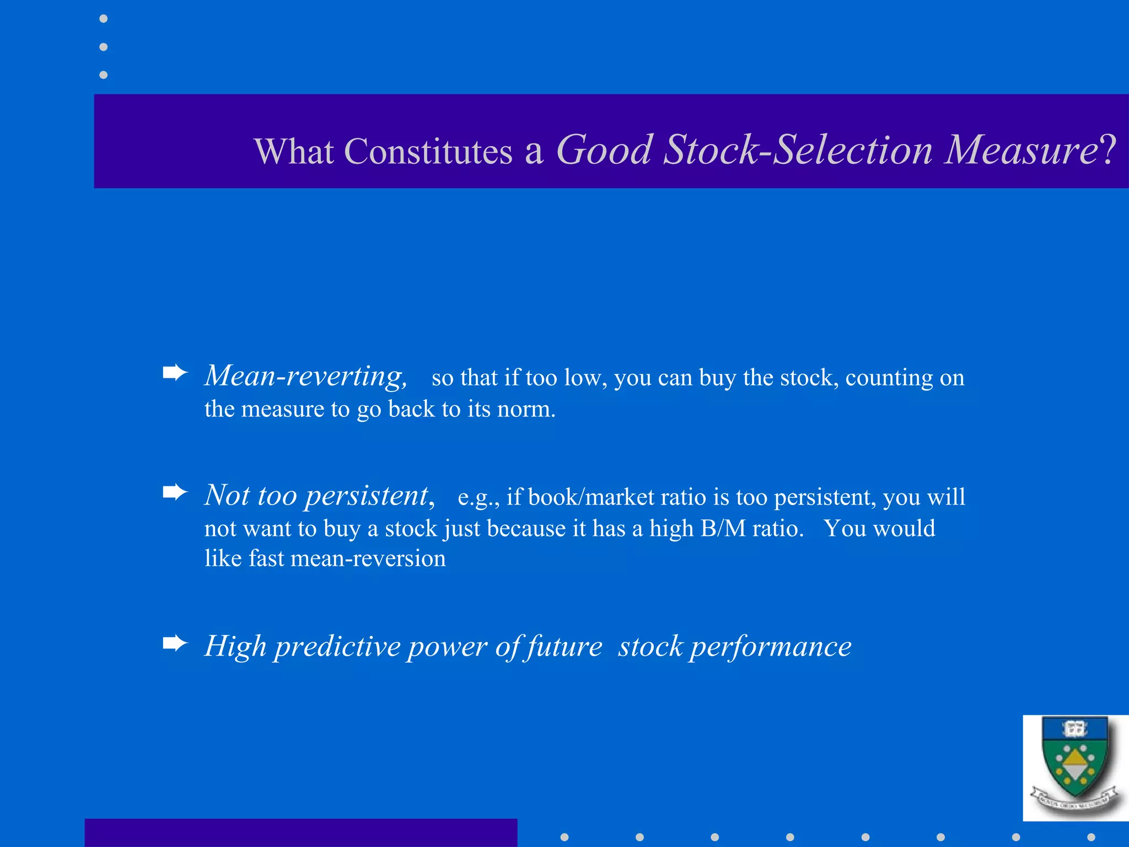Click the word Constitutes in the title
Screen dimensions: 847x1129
click(x=428, y=151)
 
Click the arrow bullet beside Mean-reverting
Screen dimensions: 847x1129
click(x=175, y=373)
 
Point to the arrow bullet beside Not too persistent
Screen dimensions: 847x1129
click(x=175, y=492)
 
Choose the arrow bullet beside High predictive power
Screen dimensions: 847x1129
click(x=175, y=643)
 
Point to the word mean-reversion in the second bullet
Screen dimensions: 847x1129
click(x=368, y=559)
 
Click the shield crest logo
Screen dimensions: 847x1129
click(x=1074, y=768)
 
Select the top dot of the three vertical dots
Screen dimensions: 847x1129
click(x=103, y=19)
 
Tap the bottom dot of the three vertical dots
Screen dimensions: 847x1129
click(x=103, y=74)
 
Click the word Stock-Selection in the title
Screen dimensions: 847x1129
click(x=797, y=150)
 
